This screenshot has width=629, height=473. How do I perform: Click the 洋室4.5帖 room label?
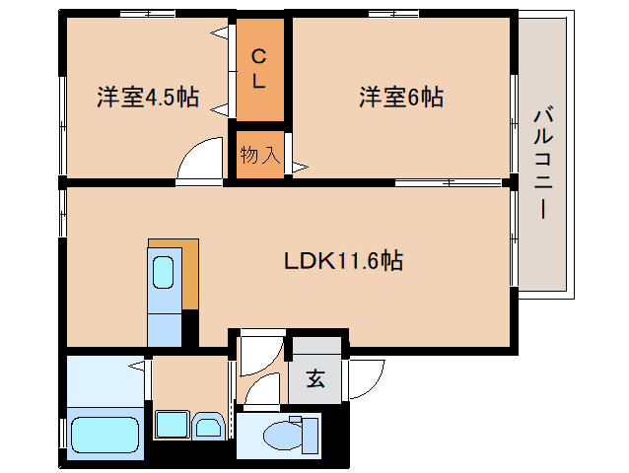[x=148, y=98]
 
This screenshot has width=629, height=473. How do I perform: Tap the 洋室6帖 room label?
[x=400, y=98]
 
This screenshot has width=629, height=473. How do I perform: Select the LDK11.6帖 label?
[x=342, y=261]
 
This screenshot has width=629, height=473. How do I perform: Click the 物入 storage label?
[x=259, y=155]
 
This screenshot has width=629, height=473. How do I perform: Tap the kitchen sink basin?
[x=163, y=273]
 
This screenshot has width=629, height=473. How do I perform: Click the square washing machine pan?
[x=173, y=427]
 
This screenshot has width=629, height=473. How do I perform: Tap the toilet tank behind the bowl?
[x=310, y=433]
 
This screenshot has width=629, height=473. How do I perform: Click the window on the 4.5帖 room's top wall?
[x=148, y=14]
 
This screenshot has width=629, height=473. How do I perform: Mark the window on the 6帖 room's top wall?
[x=400, y=14]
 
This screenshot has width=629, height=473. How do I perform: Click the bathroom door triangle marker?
[x=139, y=367]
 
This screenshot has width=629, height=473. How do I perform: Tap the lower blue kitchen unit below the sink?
[x=164, y=328]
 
